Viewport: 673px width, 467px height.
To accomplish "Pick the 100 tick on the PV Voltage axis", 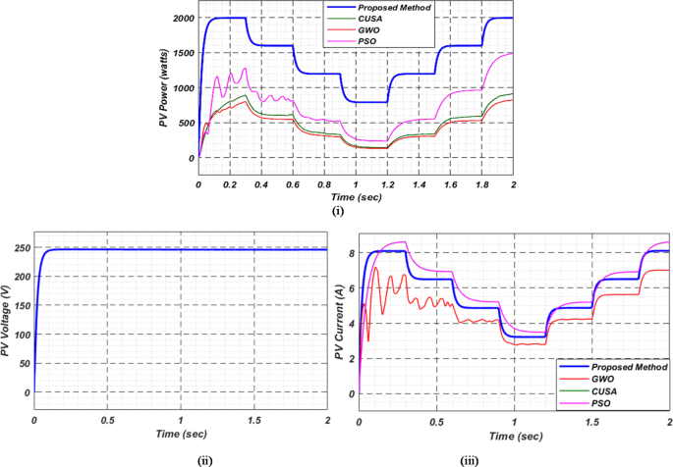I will point(20,335).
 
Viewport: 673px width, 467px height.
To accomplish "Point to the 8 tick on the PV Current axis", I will point(351,252).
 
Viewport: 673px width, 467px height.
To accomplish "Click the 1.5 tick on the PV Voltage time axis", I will point(254,420).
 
